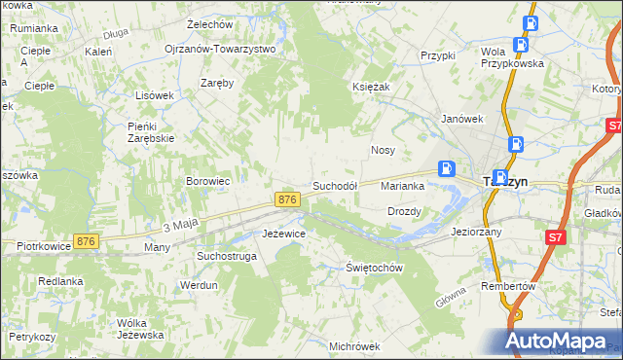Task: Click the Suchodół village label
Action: [x=335, y=185]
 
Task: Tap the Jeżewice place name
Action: [x=285, y=234]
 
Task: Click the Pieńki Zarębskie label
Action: [x=150, y=131]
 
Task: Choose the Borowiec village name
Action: [x=207, y=181]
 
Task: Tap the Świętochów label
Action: [x=375, y=268]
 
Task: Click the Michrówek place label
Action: [x=353, y=346]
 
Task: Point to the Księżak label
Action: [x=371, y=87]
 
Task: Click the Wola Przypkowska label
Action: [x=512, y=56]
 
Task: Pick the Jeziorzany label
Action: [x=476, y=233]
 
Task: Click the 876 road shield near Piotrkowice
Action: [x=87, y=241]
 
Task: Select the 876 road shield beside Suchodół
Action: [x=286, y=199]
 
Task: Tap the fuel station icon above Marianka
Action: [x=446, y=167]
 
